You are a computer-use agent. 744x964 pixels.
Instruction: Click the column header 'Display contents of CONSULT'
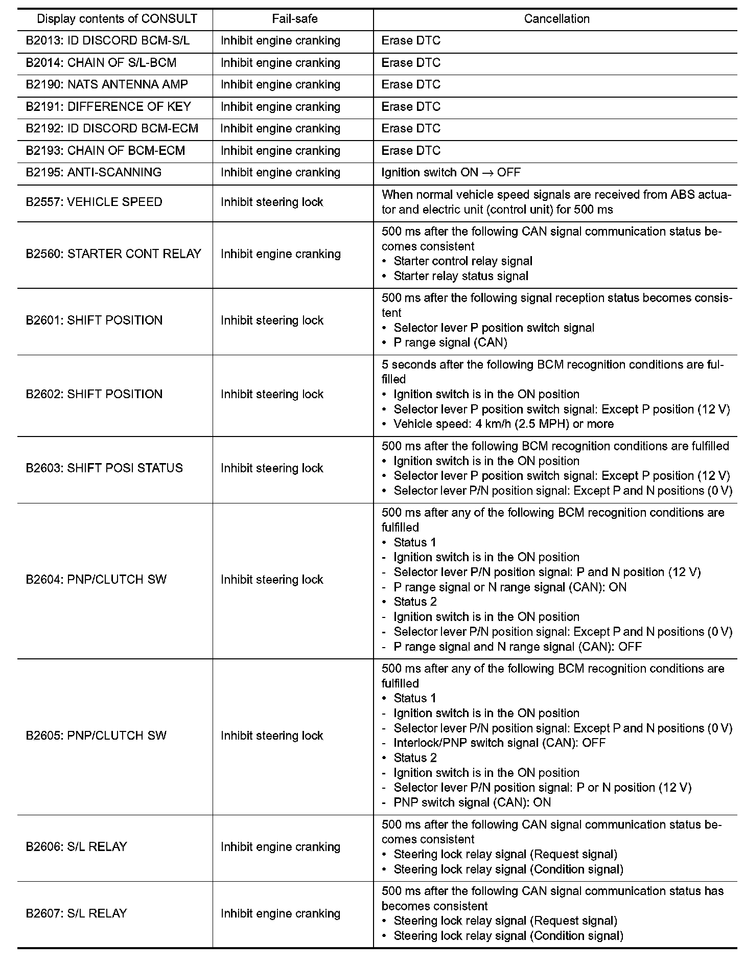pos(117,19)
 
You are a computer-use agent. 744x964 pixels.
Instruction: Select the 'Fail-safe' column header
pos(294,19)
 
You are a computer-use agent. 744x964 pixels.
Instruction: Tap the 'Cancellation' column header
pos(556,19)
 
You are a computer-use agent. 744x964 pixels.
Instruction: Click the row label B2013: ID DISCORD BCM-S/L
pos(108,40)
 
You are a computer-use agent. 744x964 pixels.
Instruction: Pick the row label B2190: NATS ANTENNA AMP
pos(107,84)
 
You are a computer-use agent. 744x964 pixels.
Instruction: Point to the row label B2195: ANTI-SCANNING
pos(94,172)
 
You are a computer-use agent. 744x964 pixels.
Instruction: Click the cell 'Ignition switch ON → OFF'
pos(451,172)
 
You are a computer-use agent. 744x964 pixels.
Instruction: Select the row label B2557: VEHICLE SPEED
pos(94,202)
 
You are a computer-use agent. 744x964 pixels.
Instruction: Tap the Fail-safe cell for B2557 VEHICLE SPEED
pos(272,202)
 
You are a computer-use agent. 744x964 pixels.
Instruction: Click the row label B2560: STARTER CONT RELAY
pos(113,254)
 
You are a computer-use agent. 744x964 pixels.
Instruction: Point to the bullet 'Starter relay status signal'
pos(461,276)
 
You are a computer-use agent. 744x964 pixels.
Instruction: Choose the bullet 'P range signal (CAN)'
pos(450,342)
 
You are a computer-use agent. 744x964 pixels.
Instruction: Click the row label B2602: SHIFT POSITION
pos(94,394)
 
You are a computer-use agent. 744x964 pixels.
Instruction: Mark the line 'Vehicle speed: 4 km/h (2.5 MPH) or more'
pos(503,424)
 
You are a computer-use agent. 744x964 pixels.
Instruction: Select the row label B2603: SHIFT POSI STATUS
pos(104,468)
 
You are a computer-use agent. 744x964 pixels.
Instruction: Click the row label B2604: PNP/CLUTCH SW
pos(96,580)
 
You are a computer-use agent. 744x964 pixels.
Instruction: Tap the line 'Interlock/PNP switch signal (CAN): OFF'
pos(499,743)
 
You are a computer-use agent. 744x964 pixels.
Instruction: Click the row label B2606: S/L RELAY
pos(76,847)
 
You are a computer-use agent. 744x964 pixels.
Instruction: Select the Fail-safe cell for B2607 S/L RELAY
pos(281,913)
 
